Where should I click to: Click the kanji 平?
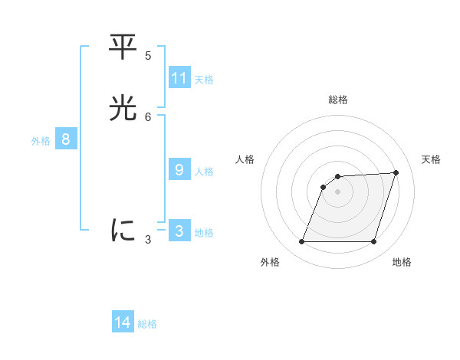(x=123, y=47)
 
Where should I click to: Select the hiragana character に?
(x=123, y=231)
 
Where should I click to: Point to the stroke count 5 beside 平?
(x=148, y=55)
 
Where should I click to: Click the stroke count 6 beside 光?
(x=148, y=116)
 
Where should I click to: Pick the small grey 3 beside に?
(x=148, y=239)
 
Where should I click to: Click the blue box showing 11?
(x=179, y=78)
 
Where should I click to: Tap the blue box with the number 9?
(x=179, y=170)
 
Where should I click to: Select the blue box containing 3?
(x=179, y=231)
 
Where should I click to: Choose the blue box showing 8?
(x=66, y=139)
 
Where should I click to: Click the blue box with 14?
(x=123, y=322)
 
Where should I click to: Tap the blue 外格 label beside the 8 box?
(x=41, y=141)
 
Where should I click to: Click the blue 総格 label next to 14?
(x=147, y=324)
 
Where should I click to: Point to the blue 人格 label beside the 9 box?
(x=204, y=172)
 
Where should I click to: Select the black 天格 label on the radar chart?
(x=431, y=159)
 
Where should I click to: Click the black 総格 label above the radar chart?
(x=338, y=100)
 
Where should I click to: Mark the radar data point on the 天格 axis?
(x=396, y=172)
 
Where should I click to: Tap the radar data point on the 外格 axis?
(x=302, y=242)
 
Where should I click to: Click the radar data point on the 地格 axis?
(x=373, y=242)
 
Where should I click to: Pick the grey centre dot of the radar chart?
(x=338, y=191)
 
